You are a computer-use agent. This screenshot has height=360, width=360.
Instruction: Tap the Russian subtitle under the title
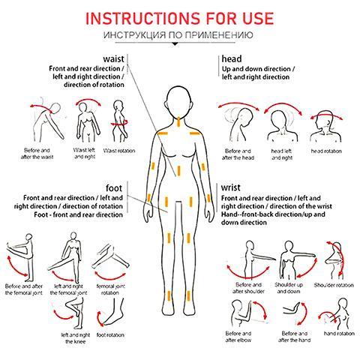tap(178, 34)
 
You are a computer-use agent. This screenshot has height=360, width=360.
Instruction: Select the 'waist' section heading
tap(113, 59)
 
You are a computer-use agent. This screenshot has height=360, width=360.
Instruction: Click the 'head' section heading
tap(232, 59)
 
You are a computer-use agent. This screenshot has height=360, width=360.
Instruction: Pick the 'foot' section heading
tap(114, 188)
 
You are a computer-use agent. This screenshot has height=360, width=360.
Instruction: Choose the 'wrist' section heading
tap(230, 187)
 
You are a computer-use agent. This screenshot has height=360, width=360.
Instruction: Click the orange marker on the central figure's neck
tap(178, 121)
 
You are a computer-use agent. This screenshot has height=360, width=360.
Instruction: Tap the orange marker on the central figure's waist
tap(178, 170)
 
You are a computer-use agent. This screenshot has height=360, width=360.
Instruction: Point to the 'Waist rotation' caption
tap(119, 151)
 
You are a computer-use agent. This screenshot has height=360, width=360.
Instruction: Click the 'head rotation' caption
tap(326, 151)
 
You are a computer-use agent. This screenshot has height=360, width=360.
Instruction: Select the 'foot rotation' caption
tap(110, 334)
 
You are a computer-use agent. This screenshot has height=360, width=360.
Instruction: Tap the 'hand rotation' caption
tap(339, 333)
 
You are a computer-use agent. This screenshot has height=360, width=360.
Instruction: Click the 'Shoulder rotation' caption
tap(334, 285)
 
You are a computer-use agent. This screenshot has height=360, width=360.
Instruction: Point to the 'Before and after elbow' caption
tap(238, 337)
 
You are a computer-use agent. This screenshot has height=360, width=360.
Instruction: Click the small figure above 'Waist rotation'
tap(119, 121)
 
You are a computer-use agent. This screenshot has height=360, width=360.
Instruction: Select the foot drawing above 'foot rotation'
tap(110, 313)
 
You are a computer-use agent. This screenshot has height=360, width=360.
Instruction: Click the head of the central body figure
tap(178, 101)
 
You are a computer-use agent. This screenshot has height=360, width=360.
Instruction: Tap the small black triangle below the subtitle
tap(175, 44)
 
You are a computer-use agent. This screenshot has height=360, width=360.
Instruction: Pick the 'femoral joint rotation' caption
tap(110, 289)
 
